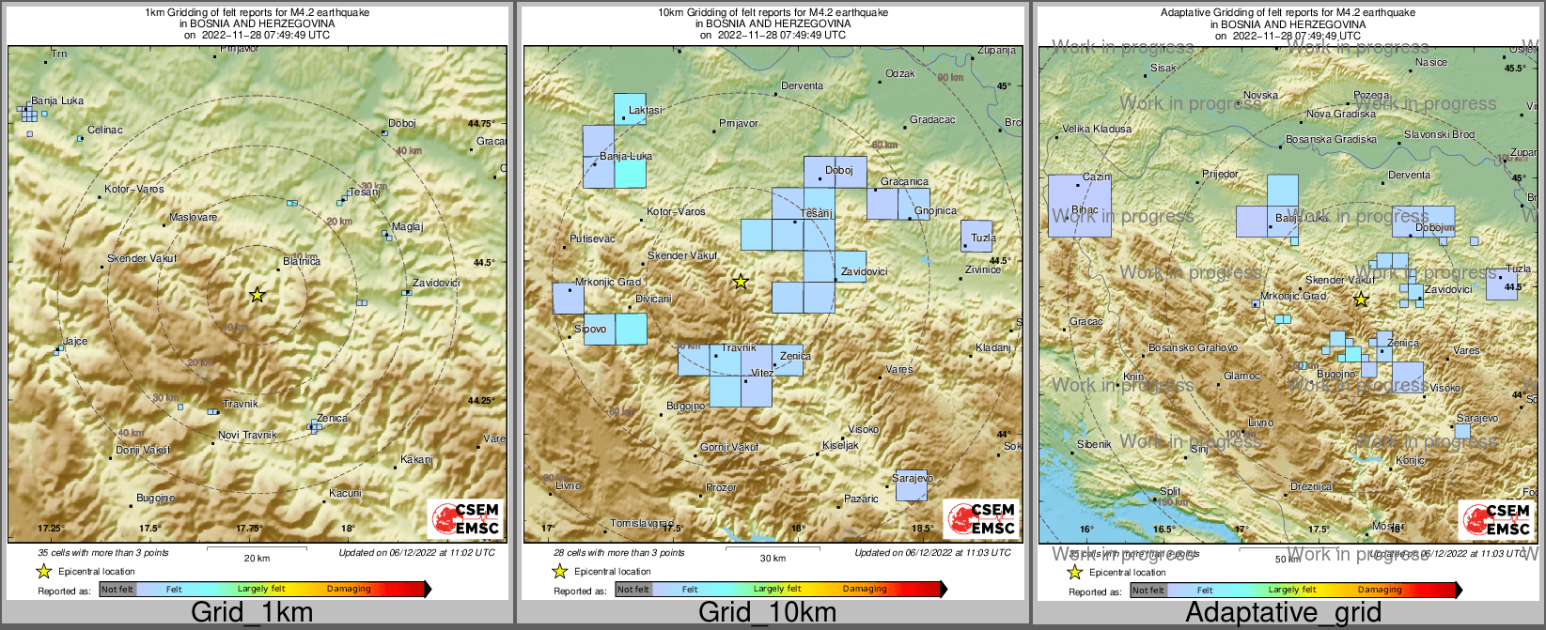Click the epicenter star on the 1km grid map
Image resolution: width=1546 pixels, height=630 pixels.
tap(257, 295)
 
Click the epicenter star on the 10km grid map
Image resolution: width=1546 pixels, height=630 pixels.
tap(741, 281)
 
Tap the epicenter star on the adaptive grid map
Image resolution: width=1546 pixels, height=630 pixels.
tap(1361, 300)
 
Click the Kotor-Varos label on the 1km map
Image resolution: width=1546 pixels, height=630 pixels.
tap(133, 190)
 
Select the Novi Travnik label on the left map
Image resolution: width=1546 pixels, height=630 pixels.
tap(247, 435)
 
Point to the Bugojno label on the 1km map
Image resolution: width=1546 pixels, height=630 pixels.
tap(155, 498)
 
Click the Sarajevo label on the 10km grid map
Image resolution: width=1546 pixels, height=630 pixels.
tap(912, 479)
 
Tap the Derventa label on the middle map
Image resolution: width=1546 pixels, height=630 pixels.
tap(802, 85)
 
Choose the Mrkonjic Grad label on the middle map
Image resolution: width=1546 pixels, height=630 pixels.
tap(607, 282)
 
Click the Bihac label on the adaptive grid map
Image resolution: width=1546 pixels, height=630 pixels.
tap(1085, 210)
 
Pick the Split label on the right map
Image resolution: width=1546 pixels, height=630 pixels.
tap(1169, 491)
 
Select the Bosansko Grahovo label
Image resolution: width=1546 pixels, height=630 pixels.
tap(1193, 347)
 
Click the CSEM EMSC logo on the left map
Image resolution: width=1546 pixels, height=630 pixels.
tap(465, 519)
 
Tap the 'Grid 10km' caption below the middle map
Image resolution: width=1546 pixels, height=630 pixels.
tap(767, 613)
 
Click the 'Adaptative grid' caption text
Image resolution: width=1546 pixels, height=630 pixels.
tap(1283, 613)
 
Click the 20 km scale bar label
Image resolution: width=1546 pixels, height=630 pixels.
tap(256, 558)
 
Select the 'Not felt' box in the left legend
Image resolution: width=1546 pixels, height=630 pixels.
tap(117, 589)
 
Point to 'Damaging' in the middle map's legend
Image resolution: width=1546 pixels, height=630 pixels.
tap(865, 589)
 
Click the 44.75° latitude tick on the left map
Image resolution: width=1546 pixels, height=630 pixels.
tap(480, 123)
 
